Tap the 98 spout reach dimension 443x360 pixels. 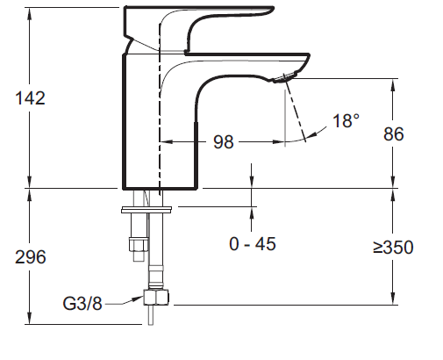(223, 141)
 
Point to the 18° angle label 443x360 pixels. (346, 121)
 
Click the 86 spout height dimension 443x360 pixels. (397, 134)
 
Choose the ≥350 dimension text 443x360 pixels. (392, 248)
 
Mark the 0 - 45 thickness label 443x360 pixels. (253, 244)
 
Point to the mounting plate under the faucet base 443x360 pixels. (146, 210)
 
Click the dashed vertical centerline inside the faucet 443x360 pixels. (160, 105)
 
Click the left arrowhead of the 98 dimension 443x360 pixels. (167, 141)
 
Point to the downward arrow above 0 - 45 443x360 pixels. (253, 180)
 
